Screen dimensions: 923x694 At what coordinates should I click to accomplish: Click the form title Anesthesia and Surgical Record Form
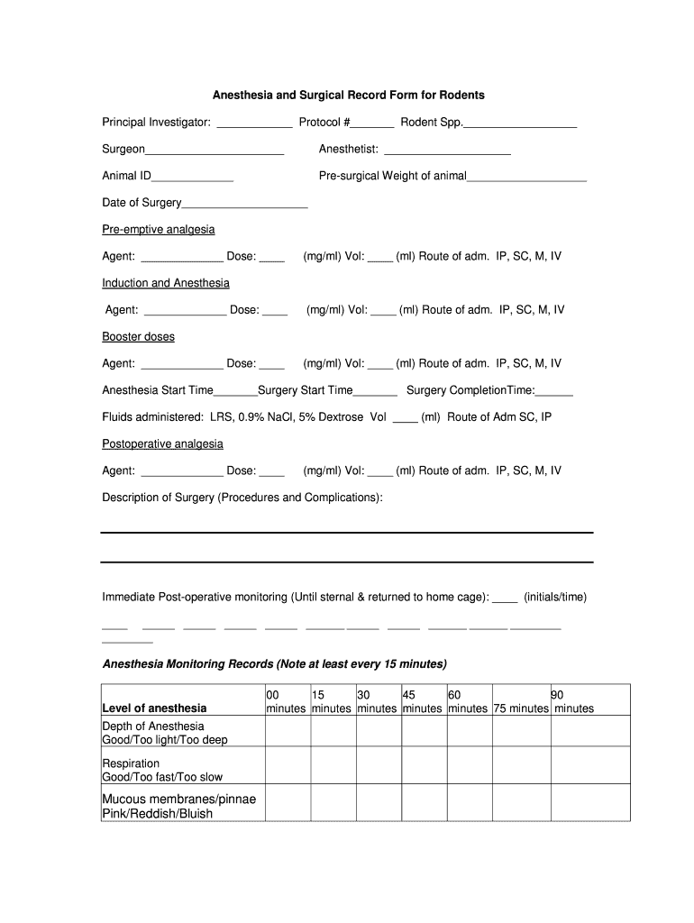(348, 95)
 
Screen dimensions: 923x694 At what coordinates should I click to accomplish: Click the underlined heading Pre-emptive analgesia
(158, 230)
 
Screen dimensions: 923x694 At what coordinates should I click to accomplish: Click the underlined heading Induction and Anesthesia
(165, 283)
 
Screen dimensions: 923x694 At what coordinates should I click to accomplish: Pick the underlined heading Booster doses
(138, 336)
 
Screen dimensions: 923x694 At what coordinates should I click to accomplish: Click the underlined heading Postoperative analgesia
(162, 443)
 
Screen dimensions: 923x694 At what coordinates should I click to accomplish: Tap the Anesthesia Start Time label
(158, 390)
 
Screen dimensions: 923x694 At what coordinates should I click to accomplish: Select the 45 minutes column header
(422, 701)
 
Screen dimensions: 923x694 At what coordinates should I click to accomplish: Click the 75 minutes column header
(520, 708)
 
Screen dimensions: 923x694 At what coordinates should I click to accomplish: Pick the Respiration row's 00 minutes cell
(287, 764)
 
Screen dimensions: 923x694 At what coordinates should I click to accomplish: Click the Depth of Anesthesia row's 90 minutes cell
(589, 731)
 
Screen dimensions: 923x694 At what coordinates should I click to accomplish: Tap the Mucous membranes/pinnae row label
(178, 799)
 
